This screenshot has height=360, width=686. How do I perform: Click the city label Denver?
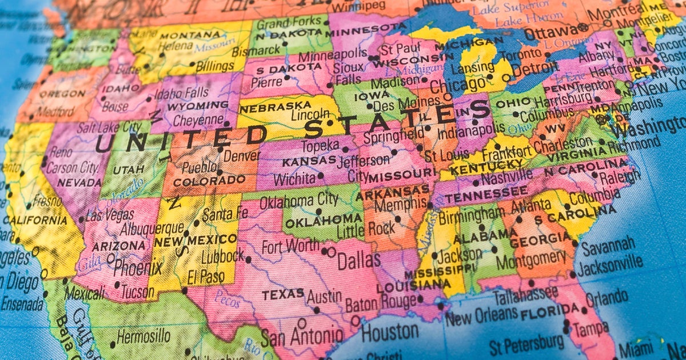click(x=242, y=155)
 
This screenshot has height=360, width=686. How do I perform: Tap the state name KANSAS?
click(x=309, y=162)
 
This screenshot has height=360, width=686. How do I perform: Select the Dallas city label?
click(x=358, y=261)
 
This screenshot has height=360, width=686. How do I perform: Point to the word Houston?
click(x=390, y=333)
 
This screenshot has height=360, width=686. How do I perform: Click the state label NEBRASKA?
click(x=268, y=108)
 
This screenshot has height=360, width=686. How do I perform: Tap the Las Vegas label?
click(x=110, y=215)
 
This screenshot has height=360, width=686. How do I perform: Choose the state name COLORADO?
click(x=209, y=181)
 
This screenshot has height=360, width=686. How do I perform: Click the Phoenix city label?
click(x=138, y=267)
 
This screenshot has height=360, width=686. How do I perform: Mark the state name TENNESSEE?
click(x=478, y=197)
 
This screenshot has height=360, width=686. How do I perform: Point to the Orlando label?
click(x=607, y=298)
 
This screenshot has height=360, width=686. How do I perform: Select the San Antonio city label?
click(x=302, y=336)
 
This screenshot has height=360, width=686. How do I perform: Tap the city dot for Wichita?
click(x=320, y=176)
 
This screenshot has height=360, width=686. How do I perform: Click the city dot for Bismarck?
click(x=284, y=43)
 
